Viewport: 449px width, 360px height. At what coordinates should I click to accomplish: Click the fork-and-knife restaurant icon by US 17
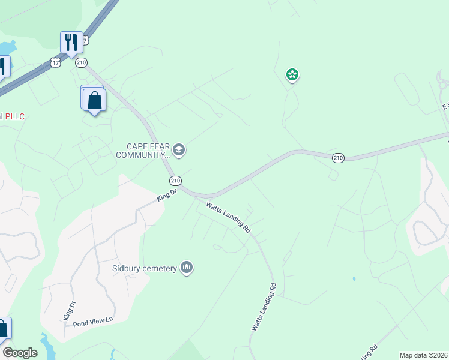[71, 43]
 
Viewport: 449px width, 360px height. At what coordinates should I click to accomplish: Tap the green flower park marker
[292, 75]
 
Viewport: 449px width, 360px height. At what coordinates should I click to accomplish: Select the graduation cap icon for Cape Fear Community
[178, 149]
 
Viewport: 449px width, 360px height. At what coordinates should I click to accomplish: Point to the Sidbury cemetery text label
[143, 268]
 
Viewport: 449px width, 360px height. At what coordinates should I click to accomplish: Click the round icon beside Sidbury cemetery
[187, 268]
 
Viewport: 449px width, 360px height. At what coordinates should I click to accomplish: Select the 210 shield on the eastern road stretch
[338, 158]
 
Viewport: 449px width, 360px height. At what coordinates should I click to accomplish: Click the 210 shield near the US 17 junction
[82, 62]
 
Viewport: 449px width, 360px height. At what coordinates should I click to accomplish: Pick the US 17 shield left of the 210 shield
[56, 62]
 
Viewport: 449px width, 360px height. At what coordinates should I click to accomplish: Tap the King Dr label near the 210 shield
[166, 195]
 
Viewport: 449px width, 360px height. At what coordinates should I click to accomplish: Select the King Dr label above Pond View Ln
[70, 310]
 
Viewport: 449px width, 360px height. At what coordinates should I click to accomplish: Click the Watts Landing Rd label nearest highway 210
[228, 218]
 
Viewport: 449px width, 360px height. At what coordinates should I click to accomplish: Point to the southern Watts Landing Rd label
[264, 307]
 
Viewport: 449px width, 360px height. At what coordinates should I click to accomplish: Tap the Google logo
[20, 353]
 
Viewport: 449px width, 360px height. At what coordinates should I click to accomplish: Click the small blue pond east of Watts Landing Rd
[354, 279]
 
